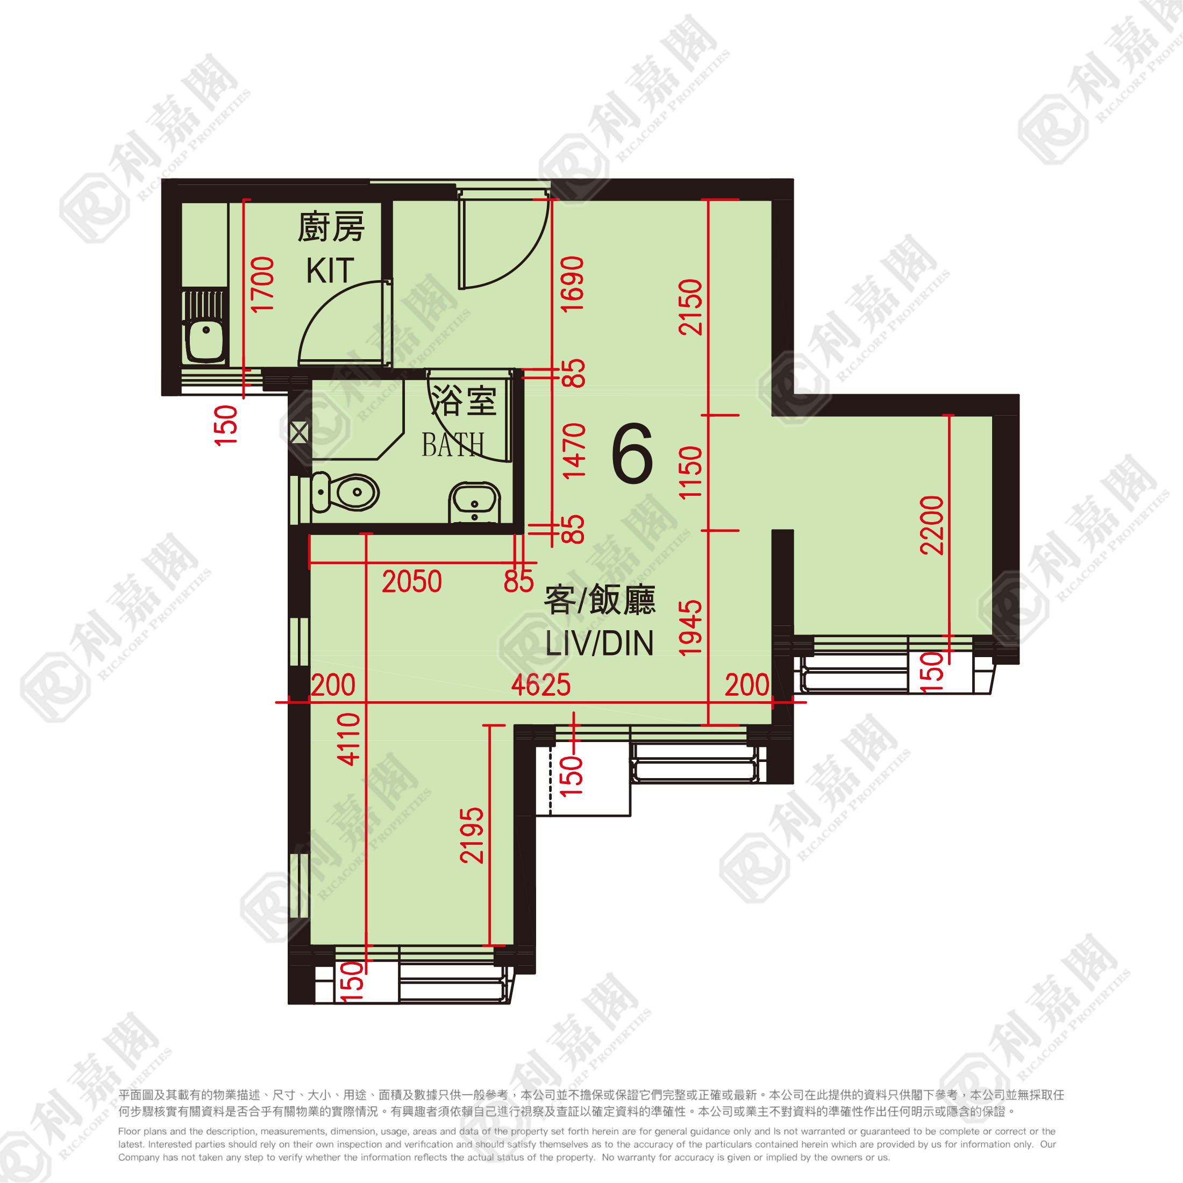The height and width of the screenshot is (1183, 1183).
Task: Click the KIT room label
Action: [x=330, y=270]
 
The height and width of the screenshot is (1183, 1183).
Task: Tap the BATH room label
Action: [x=453, y=445]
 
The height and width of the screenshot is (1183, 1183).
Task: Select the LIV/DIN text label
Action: [x=600, y=643]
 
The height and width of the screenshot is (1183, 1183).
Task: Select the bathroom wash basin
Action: [x=475, y=503]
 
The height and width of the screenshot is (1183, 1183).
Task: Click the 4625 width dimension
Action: [x=540, y=685]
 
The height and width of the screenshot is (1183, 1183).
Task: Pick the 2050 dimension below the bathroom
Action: [x=411, y=581]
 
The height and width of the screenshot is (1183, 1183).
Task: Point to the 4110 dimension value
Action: [x=348, y=739]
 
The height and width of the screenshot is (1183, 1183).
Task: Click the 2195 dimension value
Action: [x=472, y=836]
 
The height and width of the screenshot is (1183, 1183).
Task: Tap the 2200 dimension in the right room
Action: [x=931, y=525]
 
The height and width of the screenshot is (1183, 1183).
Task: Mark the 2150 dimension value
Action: [x=690, y=307]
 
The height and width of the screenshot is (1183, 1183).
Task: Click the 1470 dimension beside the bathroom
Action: [x=573, y=451]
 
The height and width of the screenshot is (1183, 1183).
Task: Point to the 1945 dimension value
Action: [x=689, y=628]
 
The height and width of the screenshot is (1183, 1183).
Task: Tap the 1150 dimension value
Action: [x=690, y=472]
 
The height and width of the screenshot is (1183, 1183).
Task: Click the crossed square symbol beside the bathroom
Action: [x=299, y=433]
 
